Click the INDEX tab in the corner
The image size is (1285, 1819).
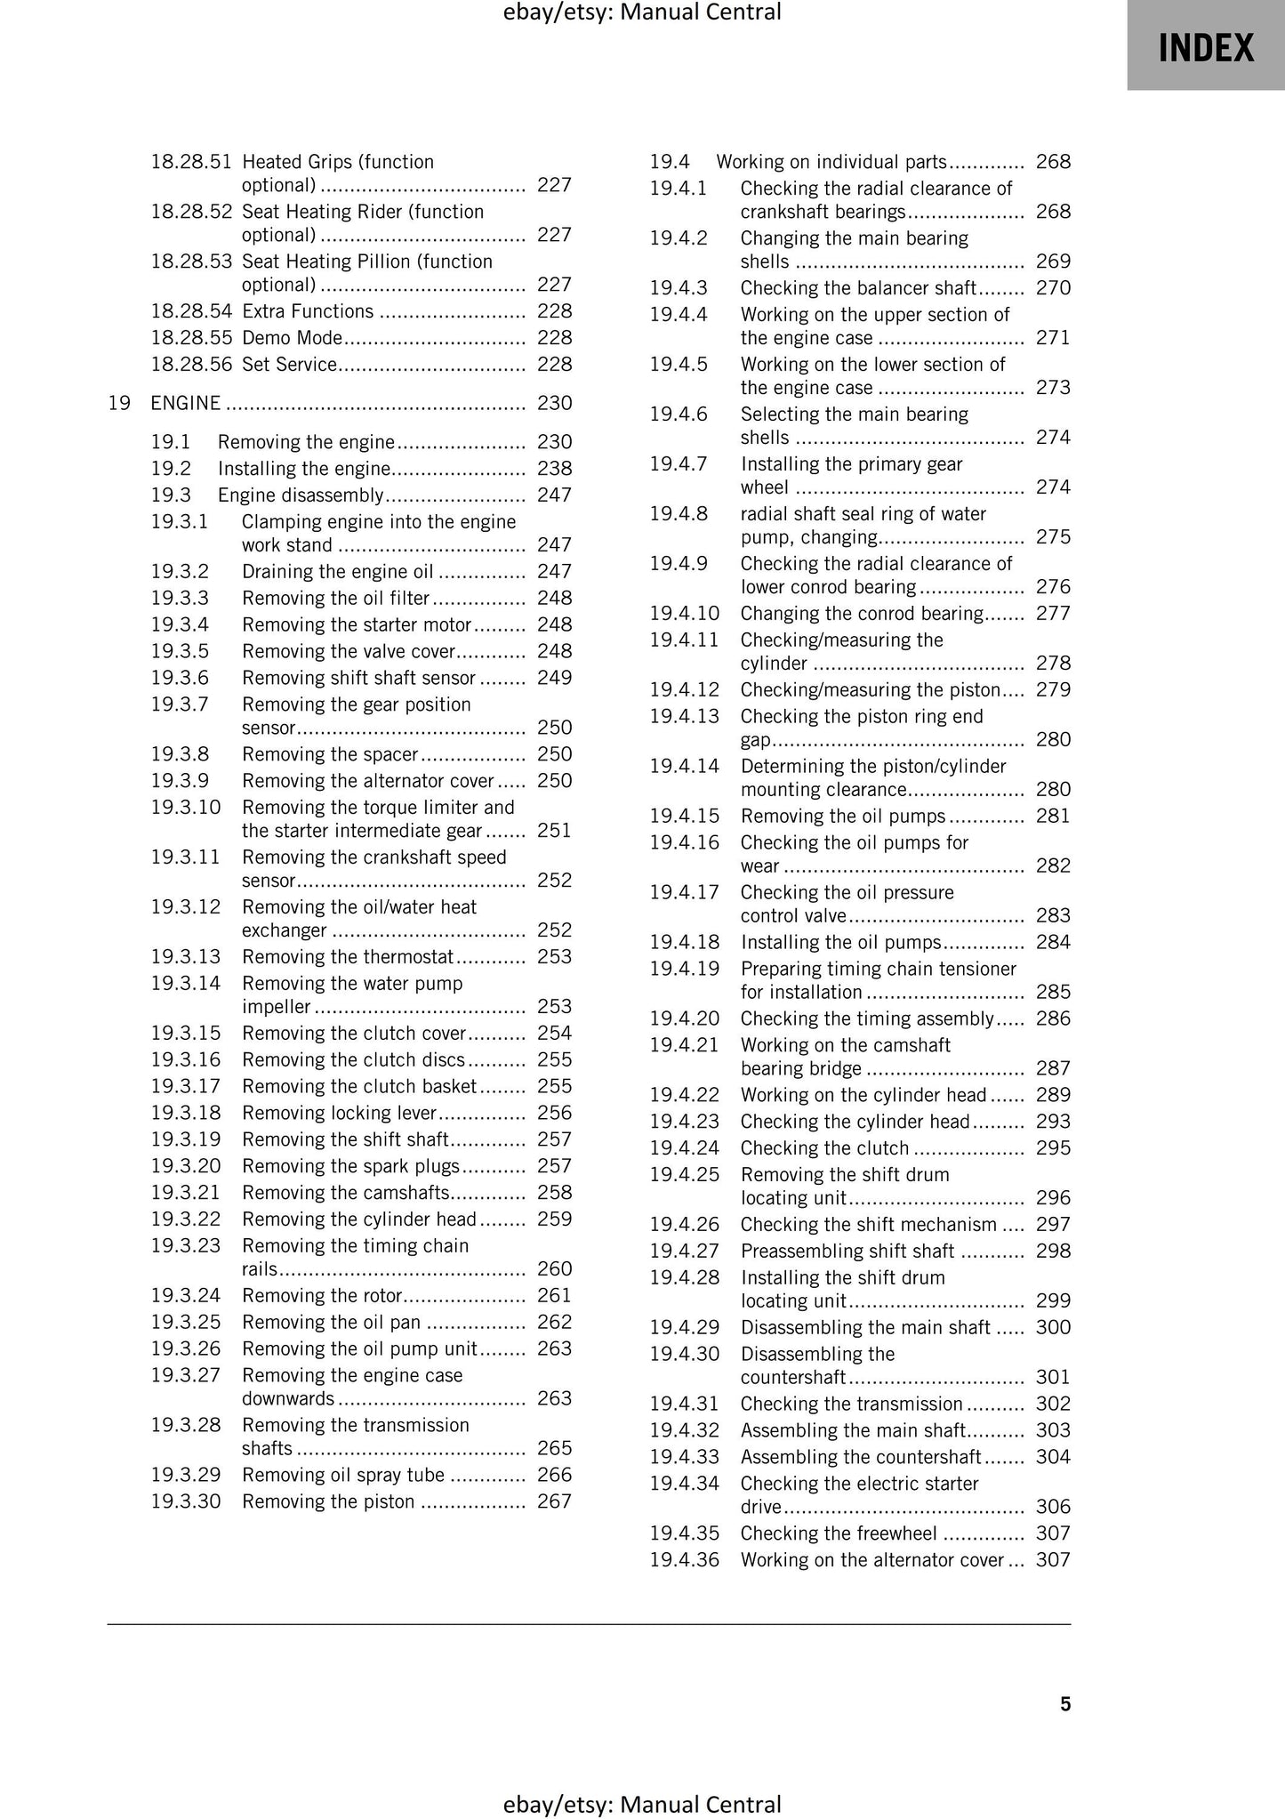[1205, 46]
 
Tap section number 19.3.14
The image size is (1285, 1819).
[185, 983]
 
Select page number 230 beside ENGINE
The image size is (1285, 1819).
[554, 403]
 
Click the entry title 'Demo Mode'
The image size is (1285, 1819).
[292, 338]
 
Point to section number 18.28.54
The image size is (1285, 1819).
[190, 311]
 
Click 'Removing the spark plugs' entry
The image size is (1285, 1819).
[350, 1166]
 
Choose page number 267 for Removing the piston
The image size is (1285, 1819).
[554, 1501]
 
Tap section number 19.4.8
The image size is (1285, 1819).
[679, 514]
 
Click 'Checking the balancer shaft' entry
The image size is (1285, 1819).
[858, 288]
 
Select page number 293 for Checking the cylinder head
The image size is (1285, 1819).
[1053, 1122]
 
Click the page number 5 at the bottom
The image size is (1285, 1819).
[1065, 1704]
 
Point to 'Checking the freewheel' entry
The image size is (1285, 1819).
[839, 1533]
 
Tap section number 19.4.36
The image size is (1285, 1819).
[684, 1560]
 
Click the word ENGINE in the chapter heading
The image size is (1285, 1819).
[185, 403]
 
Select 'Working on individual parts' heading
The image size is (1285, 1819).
[831, 162]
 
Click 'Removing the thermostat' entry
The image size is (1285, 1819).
[348, 957]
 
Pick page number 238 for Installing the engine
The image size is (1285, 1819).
[554, 469]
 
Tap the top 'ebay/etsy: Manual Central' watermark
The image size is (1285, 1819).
[642, 12]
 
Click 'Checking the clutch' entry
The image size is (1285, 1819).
[824, 1148]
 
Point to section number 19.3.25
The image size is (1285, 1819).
[185, 1322]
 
